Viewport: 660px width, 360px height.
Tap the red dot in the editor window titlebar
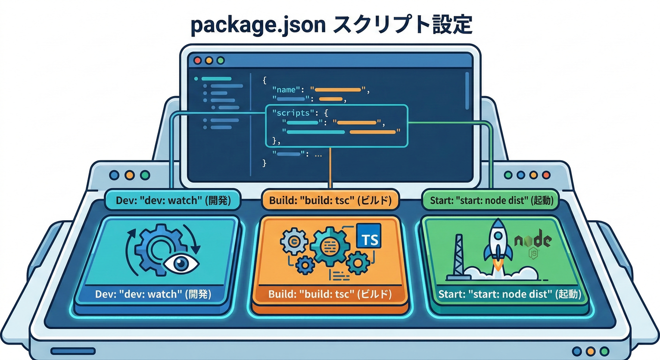click(x=197, y=60)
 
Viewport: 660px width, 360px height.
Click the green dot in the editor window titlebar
click(x=220, y=60)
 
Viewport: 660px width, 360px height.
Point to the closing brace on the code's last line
click(x=264, y=163)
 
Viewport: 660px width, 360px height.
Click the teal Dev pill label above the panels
click(x=172, y=201)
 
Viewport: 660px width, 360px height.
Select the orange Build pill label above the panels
click(x=330, y=201)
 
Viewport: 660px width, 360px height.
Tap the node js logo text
click(x=532, y=242)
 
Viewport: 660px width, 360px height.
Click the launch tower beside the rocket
click(x=458, y=258)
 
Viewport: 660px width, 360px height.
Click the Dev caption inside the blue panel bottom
click(x=153, y=295)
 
